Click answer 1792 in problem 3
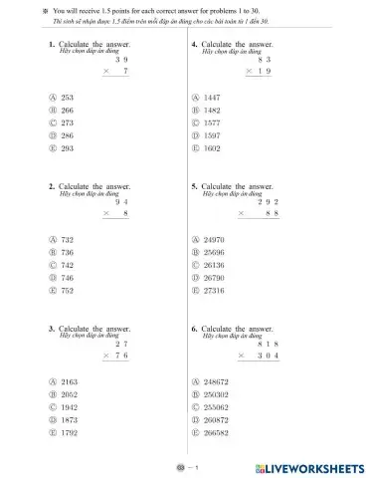[x=70, y=435]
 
